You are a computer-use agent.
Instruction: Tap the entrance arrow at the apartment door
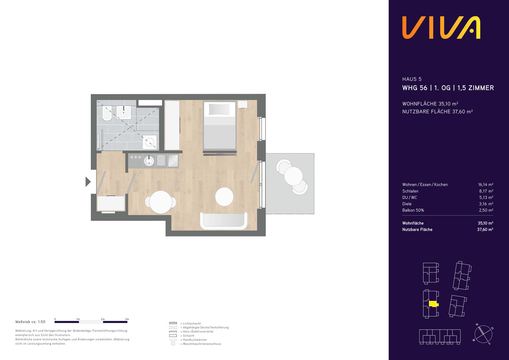tap(88, 182)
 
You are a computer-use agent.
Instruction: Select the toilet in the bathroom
tap(106, 113)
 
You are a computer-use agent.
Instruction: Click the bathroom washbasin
tap(123, 112)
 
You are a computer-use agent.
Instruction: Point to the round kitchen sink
tap(149, 161)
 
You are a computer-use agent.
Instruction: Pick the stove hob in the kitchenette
tap(173, 161)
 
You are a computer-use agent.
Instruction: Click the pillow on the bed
tap(219, 109)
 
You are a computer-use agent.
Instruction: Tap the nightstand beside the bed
tap(243, 104)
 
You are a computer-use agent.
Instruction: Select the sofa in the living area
tap(224, 221)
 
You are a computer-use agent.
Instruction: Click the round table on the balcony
tap(294, 176)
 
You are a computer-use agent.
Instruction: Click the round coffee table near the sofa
tap(224, 197)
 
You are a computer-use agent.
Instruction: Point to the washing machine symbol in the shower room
tap(150, 142)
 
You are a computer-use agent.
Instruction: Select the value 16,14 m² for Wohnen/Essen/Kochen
tap(486, 184)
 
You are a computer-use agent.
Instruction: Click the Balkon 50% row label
tap(413, 210)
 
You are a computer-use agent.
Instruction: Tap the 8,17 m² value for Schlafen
tap(486, 191)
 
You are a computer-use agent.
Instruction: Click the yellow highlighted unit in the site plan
tap(433, 304)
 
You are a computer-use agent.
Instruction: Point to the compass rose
tap(483, 334)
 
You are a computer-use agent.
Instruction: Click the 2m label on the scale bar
tap(103, 319)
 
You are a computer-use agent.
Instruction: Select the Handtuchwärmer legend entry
tap(195, 340)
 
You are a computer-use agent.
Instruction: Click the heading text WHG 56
tap(415, 88)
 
